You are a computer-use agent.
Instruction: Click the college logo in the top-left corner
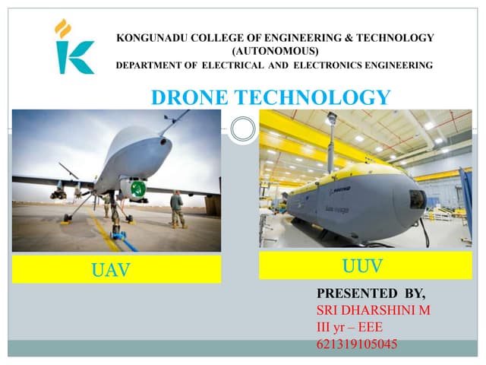click(x=74, y=47)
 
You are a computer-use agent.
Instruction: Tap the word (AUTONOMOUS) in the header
click(x=274, y=50)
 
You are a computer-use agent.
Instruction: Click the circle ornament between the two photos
click(x=242, y=129)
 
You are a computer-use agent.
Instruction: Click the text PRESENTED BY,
click(x=371, y=293)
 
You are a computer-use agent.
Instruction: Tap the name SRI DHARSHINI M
click(x=373, y=310)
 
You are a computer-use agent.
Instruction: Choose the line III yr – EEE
click(x=349, y=328)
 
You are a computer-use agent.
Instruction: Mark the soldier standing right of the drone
click(x=177, y=208)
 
